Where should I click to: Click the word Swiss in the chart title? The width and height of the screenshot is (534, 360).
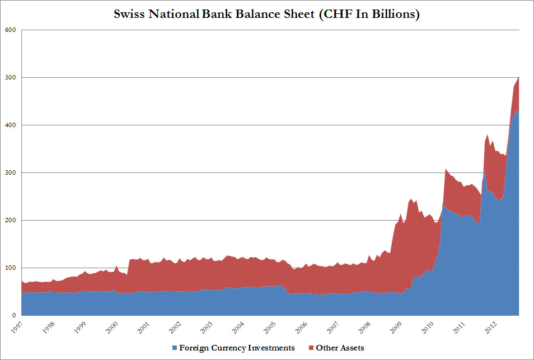point(130,14)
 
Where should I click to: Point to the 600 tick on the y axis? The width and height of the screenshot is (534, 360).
point(10,30)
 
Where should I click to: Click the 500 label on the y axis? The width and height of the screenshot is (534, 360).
point(10,77)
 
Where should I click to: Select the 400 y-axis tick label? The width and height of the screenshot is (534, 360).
point(10,125)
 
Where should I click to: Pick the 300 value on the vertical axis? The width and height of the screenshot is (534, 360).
point(10,172)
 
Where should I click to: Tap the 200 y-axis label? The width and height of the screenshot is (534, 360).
point(10,220)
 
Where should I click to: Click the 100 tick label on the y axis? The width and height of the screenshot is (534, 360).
point(10,268)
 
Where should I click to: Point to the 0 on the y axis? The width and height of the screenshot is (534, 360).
point(14,315)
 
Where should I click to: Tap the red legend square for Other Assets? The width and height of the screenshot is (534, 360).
point(311,348)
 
